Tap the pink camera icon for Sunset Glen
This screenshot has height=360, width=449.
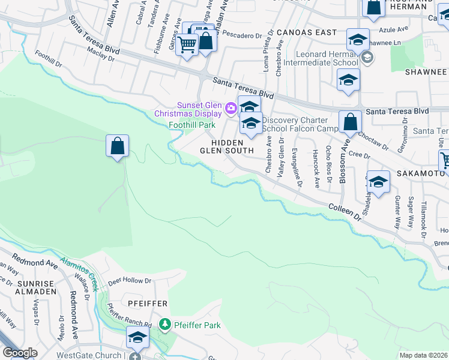(x=231, y=109)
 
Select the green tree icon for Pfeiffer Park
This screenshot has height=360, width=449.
(x=165, y=325)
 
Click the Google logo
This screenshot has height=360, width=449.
(x=20, y=353)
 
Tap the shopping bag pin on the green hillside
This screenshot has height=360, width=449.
(x=117, y=146)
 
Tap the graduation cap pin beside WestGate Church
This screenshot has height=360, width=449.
(x=137, y=338)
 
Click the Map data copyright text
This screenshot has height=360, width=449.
(x=423, y=355)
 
